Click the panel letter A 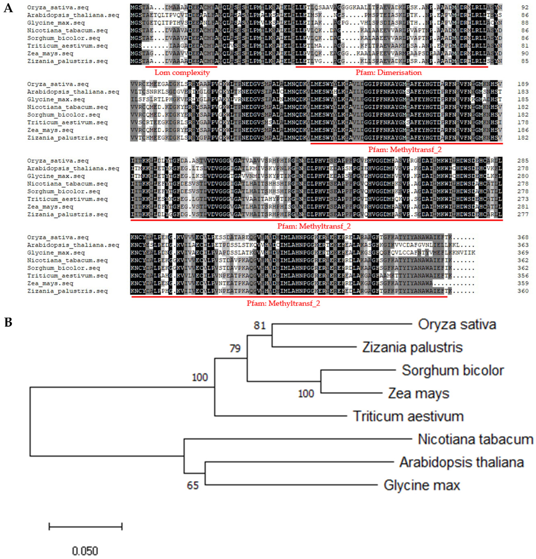pos(8,8)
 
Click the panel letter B pos(8,322)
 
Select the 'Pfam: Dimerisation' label pos(388,73)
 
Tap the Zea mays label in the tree pos(418,394)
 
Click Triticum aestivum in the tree pos(408,416)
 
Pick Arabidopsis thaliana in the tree pos(461,462)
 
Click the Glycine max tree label pos(422,485)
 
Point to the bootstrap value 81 pos(260,325)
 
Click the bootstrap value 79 pos(235,348)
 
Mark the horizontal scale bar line pos(86,526)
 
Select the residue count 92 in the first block pos(525,7)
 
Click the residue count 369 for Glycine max pos(523,253)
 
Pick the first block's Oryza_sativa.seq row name pos(58,7)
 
